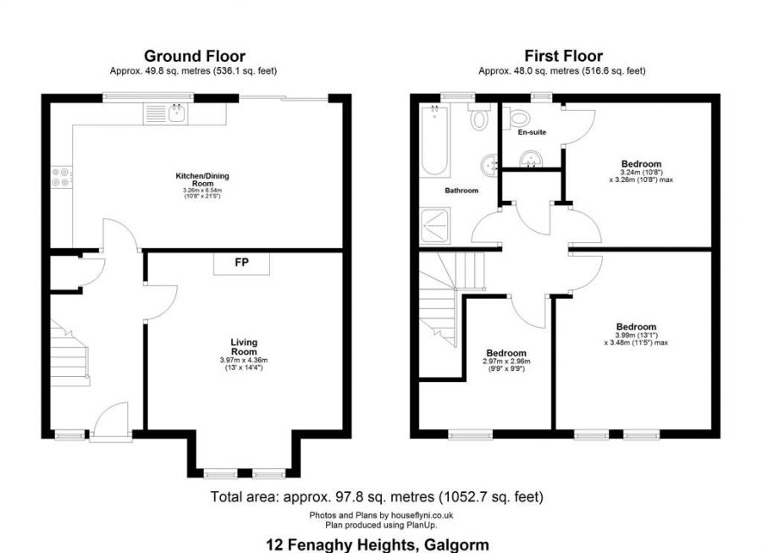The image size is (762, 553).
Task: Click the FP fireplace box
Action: (x=241, y=263)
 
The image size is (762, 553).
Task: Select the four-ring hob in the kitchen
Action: (x=61, y=177)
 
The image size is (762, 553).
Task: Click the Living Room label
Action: (x=244, y=346)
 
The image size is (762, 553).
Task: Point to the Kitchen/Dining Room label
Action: (x=202, y=180)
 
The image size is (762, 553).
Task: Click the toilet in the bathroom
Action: (x=479, y=119)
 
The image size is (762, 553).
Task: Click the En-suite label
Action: (x=531, y=132)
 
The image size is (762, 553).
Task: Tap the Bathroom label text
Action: (x=461, y=191)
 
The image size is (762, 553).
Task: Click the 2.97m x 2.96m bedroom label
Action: (x=506, y=358)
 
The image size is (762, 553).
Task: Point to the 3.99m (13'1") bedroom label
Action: (x=636, y=333)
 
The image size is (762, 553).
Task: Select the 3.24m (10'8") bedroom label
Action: (x=641, y=169)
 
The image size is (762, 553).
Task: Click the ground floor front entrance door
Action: (x=110, y=423)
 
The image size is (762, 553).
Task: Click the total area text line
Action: (x=376, y=496)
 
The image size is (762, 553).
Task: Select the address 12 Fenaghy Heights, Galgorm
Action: (x=377, y=545)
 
